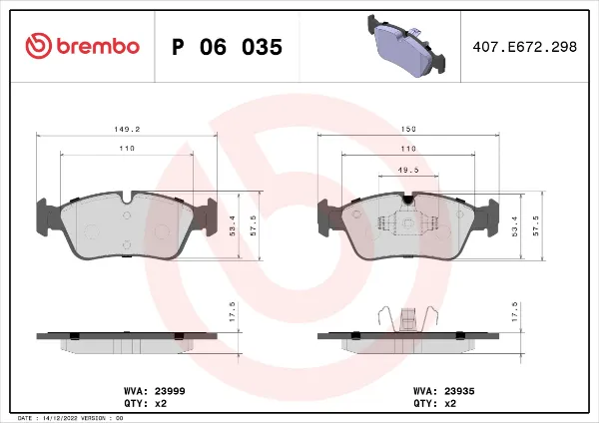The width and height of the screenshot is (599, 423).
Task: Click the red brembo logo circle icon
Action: click(39, 46)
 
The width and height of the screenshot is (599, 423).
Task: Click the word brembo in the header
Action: click(98, 46)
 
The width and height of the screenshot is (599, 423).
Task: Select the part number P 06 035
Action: click(227, 47)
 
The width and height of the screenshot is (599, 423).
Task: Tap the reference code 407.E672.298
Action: click(524, 47)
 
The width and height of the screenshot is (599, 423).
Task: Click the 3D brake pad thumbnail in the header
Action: click(406, 46)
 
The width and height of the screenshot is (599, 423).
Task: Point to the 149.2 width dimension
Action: click(127, 129)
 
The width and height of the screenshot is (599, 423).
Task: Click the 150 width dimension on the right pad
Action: click(408, 129)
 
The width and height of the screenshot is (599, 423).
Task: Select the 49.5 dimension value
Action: click(408, 170)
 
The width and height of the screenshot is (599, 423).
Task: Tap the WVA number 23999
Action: click(170, 391)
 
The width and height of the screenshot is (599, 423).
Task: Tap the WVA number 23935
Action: click(459, 391)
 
